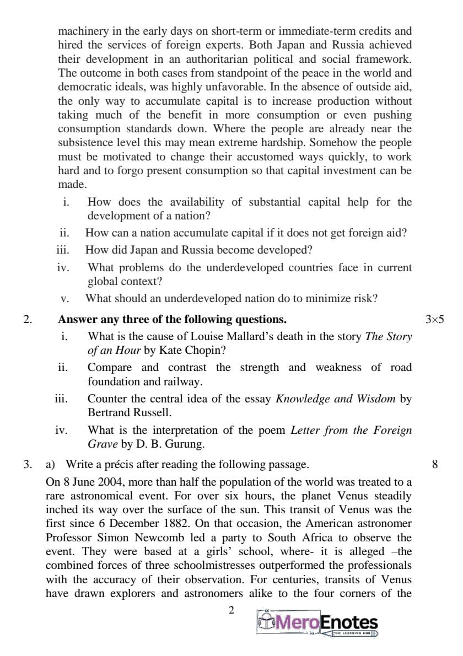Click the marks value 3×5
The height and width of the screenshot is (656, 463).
point(434,319)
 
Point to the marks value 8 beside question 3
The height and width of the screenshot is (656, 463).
point(435,464)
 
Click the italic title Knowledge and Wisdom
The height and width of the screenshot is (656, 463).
point(335,398)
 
